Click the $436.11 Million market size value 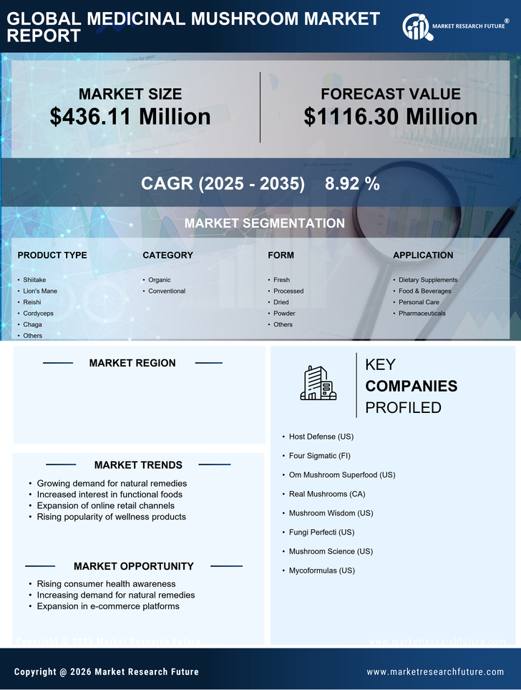130,117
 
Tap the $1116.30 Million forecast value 390,117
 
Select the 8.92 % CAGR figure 352,184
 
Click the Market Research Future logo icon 416,27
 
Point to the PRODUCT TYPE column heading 52,256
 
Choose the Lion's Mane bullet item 40,291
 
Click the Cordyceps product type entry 38,314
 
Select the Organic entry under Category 160,280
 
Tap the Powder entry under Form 284,314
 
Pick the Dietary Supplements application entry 428,280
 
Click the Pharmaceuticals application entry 422,314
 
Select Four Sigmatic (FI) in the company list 319,456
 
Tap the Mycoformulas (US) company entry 321,570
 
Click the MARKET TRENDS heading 138,465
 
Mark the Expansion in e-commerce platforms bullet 108,606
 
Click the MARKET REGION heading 132,364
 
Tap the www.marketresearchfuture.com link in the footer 435,672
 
